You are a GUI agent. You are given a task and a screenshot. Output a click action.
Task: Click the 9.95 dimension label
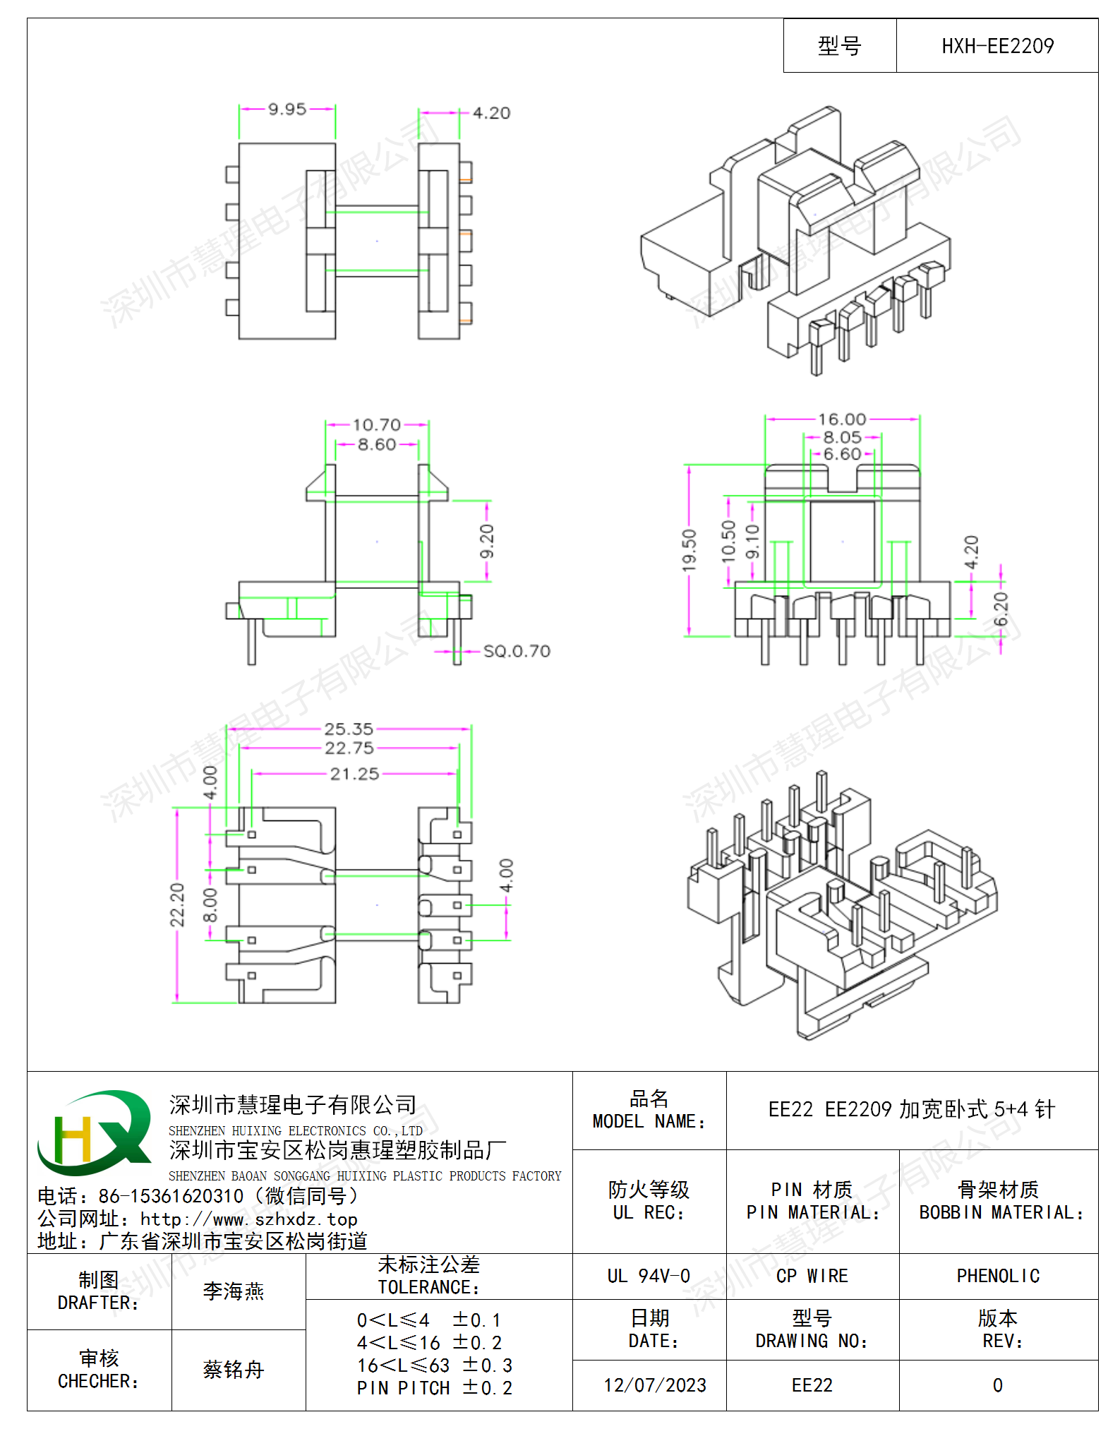(x=287, y=109)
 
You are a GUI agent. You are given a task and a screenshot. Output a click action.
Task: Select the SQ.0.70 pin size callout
(x=517, y=651)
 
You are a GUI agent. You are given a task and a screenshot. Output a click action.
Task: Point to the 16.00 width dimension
(x=842, y=419)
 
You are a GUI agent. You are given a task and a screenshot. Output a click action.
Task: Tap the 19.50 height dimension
(x=689, y=549)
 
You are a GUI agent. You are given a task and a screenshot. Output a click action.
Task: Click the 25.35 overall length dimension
(x=349, y=729)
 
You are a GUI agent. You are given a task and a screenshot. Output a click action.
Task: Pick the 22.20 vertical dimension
(x=176, y=904)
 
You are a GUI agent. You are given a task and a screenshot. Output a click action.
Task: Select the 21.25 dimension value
(x=354, y=774)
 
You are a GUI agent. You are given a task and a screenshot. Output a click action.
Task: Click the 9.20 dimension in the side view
(x=487, y=542)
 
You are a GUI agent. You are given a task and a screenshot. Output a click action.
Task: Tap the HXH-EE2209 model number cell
(x=997, y=46)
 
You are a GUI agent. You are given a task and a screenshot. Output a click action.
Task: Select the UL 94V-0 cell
(x=649, y=1276)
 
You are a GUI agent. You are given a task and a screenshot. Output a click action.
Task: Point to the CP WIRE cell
(x=812, y=1276)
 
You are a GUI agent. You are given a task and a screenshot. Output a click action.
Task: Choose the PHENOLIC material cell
(x=998, y=1276)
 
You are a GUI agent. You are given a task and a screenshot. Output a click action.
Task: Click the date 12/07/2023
(x=655, y=1385)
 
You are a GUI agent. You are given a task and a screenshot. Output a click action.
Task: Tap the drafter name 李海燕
(x=234, y=1291)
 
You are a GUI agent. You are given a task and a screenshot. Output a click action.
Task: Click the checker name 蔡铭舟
(x=234, y=1370)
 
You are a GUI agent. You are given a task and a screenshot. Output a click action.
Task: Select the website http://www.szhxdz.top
(x=248, y=1219)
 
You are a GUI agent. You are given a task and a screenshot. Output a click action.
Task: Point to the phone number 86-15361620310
(x=171, y=1196)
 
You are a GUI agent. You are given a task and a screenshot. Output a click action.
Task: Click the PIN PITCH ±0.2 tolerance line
(x=435, y=1388)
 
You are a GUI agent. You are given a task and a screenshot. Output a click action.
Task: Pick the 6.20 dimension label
(x=1001, y=609)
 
